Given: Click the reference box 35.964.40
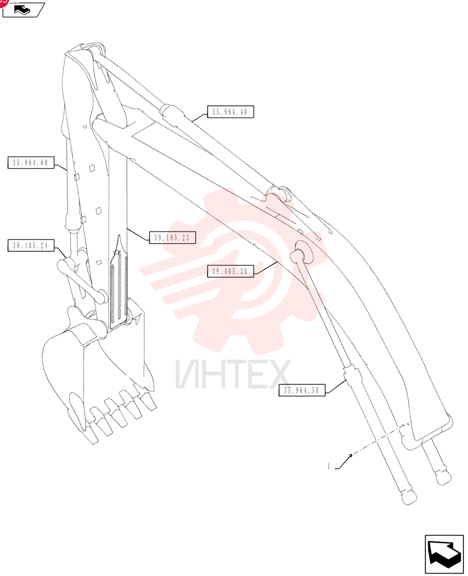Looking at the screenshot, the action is [231, 112].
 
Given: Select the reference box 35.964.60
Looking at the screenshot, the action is [31, 162].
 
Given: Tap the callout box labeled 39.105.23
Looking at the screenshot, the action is [172, 238].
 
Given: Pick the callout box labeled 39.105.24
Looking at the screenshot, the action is [31, 245].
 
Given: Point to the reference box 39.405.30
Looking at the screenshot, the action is [230, 271].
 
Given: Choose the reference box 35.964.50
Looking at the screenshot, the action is [302, 390].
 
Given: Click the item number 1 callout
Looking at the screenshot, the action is [329, 467].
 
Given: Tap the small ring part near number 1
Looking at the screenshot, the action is [351, 456].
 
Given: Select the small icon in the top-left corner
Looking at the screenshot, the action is [23, 10].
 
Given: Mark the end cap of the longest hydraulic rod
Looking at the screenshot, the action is [408, 497].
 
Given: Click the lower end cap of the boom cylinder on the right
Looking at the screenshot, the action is [443, 476].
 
